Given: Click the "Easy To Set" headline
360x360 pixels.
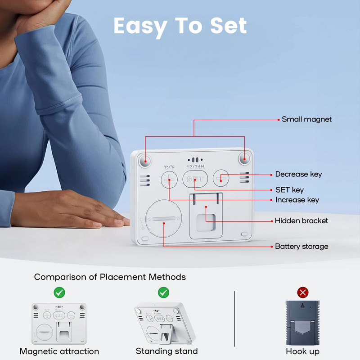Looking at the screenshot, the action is [x=180, y=26].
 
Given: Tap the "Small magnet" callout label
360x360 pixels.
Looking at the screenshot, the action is [x=306, y=119].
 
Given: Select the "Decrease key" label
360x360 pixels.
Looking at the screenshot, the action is [x=298, y=174].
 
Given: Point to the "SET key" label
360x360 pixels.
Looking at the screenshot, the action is [x=289, y=190].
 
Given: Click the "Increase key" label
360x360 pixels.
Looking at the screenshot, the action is [x=297, y=200].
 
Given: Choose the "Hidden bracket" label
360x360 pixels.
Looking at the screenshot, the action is [x=301, y=221].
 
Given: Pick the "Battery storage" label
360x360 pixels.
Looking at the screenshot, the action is [x=301, y=246].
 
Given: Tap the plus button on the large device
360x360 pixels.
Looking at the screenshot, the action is [x=169, y=180].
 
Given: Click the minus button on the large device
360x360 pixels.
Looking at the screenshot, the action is [x=221, y=178].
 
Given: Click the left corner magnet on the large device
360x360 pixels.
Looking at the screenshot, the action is [x=145, y=160].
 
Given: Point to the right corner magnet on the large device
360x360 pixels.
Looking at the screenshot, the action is [x=244, y=158].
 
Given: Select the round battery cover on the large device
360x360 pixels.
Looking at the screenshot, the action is [x=164, y=219].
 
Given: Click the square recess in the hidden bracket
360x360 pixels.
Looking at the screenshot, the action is [x=206, y=222].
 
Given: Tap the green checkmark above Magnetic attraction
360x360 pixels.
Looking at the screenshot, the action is [x=59, y=292].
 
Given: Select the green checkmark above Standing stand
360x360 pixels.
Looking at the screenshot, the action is [x=163, y=292].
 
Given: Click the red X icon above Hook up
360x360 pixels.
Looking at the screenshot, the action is [x=303, y=292].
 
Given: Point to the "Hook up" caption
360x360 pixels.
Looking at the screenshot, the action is [x=302, y=351].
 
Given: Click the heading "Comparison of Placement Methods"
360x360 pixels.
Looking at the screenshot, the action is [x=110, y=277].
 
